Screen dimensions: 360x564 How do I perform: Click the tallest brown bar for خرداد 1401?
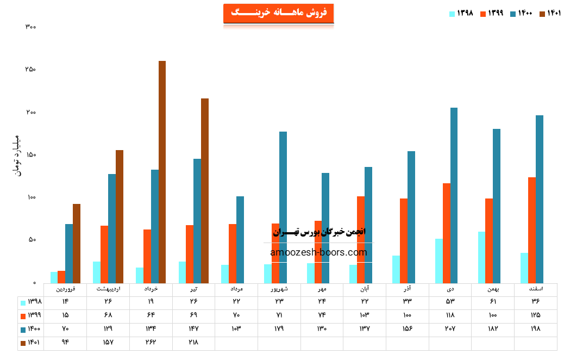coord(162,172)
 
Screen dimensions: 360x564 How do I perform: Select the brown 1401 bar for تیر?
coord(205,190)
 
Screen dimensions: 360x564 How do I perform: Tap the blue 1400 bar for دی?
coord(454,195)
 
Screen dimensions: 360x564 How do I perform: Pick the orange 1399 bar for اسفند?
coord(531,230)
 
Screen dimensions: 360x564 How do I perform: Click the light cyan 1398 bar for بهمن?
coord(481,257)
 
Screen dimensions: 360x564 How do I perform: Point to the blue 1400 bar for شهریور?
coord(283,207)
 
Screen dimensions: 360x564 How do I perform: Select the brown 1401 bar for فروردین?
coord(77,243)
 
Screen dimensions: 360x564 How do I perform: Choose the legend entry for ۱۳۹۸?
coord(461,14)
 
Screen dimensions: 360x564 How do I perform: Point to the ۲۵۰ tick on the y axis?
coord(30,70)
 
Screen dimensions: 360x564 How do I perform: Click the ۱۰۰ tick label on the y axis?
coord(30,197)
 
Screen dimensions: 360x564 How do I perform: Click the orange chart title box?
coord(278,13)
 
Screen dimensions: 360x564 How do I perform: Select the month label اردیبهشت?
coord(108,289)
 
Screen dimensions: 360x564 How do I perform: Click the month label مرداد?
coord(236,289)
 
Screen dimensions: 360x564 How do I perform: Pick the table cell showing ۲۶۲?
coord(151,343)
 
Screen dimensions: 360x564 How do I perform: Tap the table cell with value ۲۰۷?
coord(450,329)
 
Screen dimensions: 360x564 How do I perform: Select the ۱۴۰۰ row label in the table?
coord(31,329)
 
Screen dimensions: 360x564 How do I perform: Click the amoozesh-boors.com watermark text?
coord(318,252)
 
